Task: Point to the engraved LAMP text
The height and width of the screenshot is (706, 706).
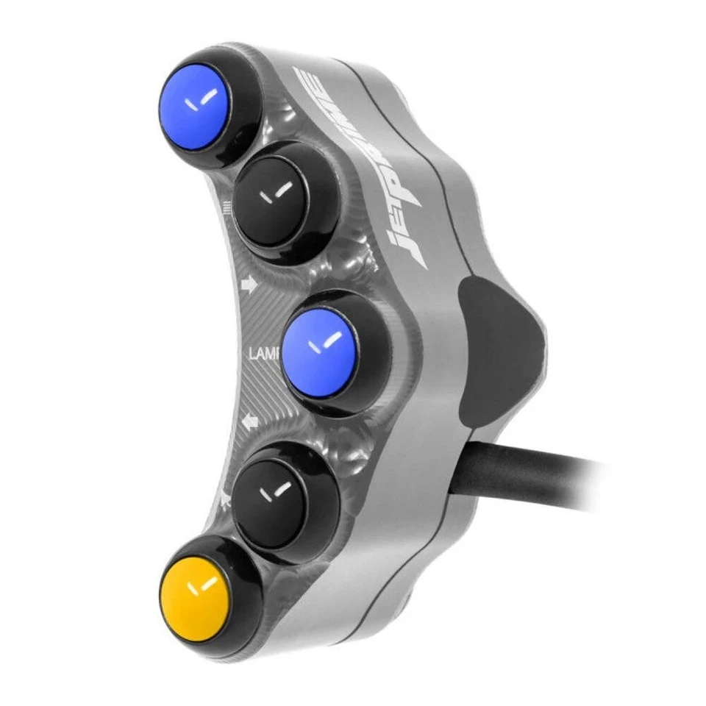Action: tap(263, 355)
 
